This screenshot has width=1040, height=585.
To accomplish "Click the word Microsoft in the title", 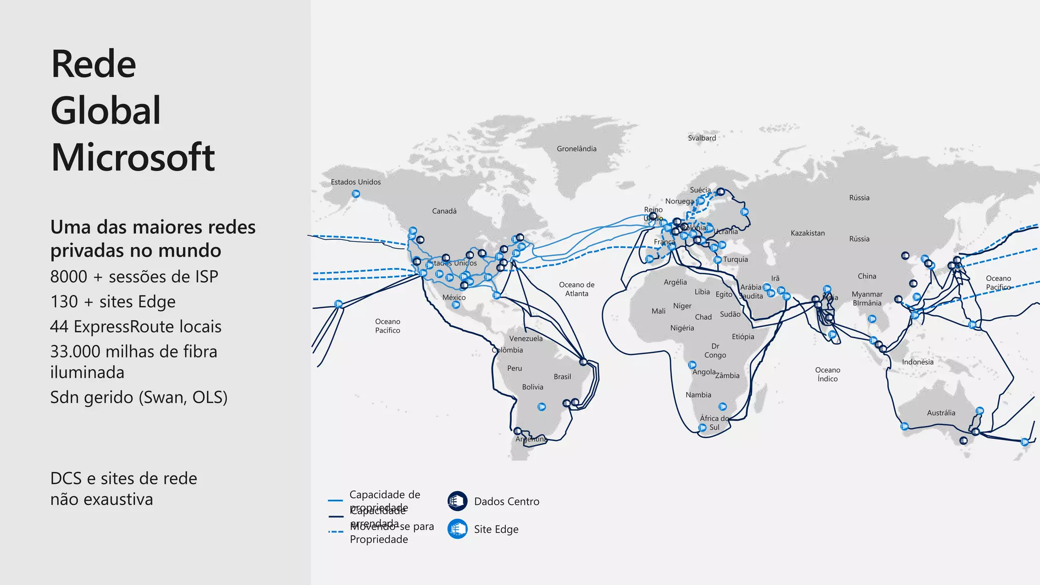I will pos(133,157).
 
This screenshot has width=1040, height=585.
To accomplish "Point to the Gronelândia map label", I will pos(576,149).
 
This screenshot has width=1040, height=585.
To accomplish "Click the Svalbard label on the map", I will pos(702,138).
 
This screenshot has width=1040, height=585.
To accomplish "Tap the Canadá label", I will pos(444,211).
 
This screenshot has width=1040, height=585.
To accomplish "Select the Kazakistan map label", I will pos(807,233).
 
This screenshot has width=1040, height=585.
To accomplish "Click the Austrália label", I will pos(941,413).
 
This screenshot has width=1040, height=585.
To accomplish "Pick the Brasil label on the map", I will pos(562,377).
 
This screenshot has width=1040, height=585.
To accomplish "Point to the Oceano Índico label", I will pos(827,374).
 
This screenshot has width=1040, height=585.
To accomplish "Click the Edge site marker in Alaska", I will pos(356,194).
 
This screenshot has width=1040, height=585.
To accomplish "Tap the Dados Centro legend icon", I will pos(457,501).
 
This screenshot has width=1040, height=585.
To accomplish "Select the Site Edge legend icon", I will pos(457,529).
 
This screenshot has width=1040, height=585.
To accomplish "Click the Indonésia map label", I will pos(918,362).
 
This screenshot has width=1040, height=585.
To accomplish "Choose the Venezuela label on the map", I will pos(526,339).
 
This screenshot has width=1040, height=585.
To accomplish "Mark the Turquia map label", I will pos(735,259).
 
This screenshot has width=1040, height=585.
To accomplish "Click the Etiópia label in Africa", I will pos(743,337).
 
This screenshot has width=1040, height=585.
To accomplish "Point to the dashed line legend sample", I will pos(336,532).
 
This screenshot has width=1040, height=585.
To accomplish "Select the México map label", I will pos(453,298).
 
